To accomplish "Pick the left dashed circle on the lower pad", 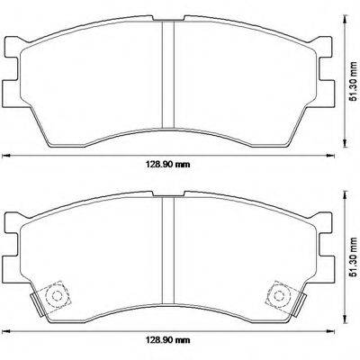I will [x=56, y=293].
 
